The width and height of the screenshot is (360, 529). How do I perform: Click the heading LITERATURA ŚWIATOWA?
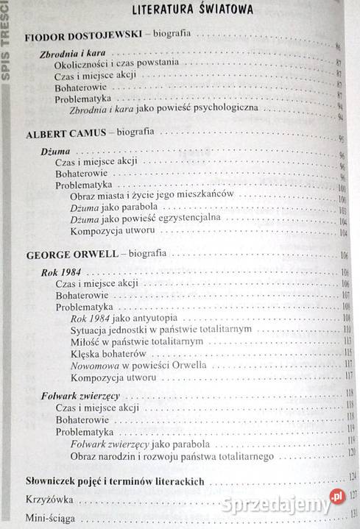(191, 10)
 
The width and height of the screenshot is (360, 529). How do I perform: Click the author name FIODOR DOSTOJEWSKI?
(75, 36)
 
